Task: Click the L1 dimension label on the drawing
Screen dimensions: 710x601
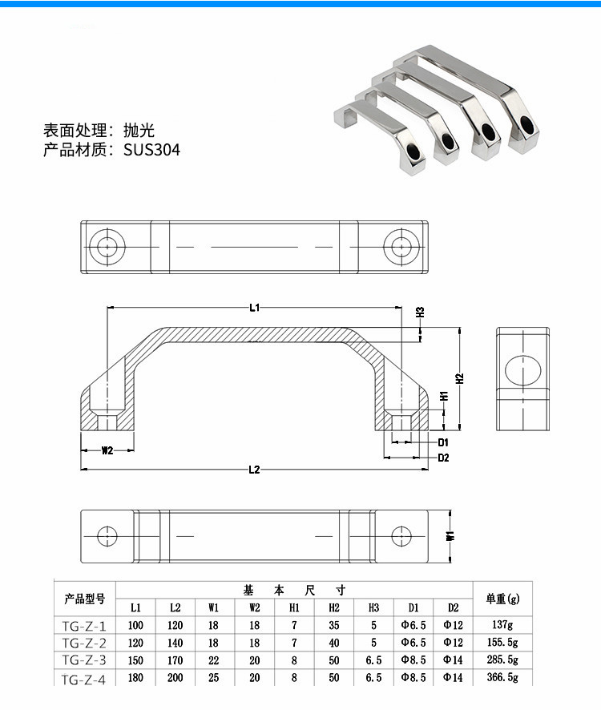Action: pyautogui.click(x=253, y=307)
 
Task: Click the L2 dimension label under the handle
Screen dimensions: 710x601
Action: pyautogui.click(x=253, y=470)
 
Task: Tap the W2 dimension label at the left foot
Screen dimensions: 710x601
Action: pyautogui.click(x=107, y=450)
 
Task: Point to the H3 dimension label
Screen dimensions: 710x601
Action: pyautogui.click(x=420, y=312)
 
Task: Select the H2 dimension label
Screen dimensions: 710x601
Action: pyautogui.click(x=460, y=377)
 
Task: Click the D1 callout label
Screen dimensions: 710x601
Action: pyautogui.click(x=442, y=442)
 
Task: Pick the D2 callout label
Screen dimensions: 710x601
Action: pyautogui.click(x=442, y=458)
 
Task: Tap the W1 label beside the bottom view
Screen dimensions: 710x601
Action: pyautogui.click(x=451, y=535)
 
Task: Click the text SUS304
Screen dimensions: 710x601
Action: pyautogui.click(x=152, y=150)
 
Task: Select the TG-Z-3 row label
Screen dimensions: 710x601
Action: pyautogui.click(x=84, y=660)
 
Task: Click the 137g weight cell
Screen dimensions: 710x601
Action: pyautogui.click(x=502, y=625)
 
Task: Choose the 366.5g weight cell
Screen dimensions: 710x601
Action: pyautogui.click(x=502, y=678)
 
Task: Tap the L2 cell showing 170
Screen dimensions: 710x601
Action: pyautogui.click(x=175, y=660)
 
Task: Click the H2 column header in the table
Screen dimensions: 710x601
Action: pyautogui.click(x=334, y=607)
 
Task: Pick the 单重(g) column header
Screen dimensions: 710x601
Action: pyautogui.click(x=502, y=599)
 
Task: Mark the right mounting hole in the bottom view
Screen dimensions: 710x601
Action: pyautogui.click(x=400, y=535)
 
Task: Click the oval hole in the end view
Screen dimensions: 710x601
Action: pyautogui.click(x=522, y=368)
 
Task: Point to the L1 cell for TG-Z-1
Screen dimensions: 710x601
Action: pyautogui.click(x=135, y=625)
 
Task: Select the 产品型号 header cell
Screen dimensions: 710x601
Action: pyautogui.click(x=84, y=599)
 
